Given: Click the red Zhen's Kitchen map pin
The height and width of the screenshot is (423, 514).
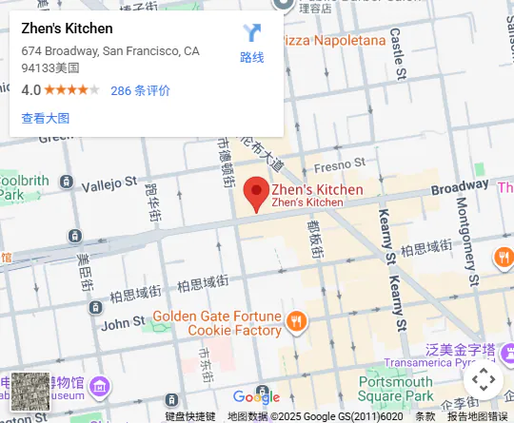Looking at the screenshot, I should click(x=256, y=193).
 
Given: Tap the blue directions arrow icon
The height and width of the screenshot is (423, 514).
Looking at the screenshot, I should click(x=251, y=33).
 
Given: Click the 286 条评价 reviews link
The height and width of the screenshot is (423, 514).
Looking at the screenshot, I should click(x=140, y=91).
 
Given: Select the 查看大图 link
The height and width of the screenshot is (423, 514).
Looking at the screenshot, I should click(x=45, y=118).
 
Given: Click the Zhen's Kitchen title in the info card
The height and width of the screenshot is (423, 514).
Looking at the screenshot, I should click(x=67, y=29).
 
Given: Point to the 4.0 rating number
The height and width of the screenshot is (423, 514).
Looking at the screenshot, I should click(x=30, y=91).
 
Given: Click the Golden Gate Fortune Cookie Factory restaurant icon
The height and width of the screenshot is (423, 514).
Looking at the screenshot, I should click(x=297, y=321).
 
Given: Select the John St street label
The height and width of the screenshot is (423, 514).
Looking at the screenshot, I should click(x=122, y=324).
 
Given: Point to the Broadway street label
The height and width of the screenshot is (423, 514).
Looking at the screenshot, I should click(x=460, y=188).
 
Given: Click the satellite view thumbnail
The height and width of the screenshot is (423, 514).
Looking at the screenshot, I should click(x=30, y=391).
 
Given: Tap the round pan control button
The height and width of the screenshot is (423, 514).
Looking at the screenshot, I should click(x=484, y=380).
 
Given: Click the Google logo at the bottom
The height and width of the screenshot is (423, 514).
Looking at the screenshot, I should click(x=256, y=396).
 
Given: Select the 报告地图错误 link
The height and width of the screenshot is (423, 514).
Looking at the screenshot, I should click(x=478, y=416).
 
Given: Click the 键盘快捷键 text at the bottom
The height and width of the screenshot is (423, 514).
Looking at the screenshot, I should click(x=190, y=416).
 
